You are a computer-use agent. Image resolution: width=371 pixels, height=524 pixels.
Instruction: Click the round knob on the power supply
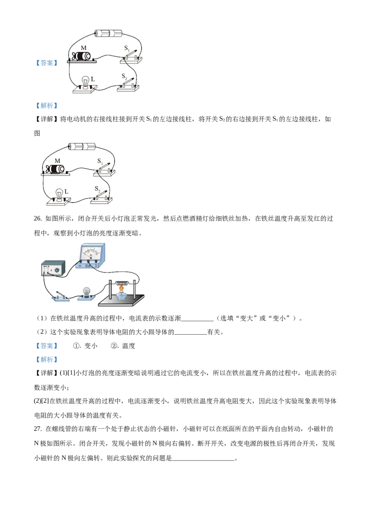(x=57, y=268)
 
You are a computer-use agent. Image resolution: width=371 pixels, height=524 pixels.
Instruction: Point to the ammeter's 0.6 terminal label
(x=89, y=266)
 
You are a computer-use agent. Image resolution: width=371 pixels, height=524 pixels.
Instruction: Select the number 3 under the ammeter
(x=96, y=266)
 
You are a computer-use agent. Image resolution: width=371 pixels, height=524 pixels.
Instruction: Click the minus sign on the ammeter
(x=80, y=266)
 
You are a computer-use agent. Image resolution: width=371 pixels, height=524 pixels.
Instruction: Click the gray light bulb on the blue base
(x=86, y=291)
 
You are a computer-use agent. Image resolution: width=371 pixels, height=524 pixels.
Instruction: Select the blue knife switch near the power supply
(x=59, y=295)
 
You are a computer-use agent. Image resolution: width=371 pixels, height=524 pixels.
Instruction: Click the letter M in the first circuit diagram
(x=83, y=48)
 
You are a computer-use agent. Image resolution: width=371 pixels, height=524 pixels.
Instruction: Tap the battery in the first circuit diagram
(x=108, y=33)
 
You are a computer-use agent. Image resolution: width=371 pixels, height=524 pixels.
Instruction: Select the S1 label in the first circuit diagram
(x=127, y=48)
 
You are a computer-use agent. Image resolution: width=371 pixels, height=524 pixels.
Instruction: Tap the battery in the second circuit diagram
(x=82, y=147)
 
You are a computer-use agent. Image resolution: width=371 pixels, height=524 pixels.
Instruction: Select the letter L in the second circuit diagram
(x=67, y=191)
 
